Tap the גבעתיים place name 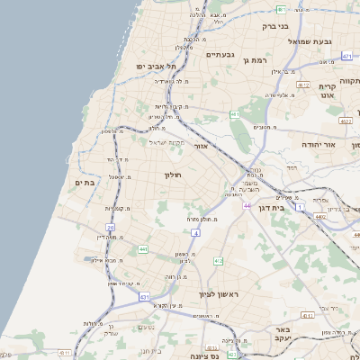(220, 56)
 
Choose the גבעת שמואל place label (310, 41)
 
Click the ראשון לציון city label (221, 293)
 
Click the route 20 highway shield (110, 229)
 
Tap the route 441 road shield (143, 248)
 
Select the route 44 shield (246, 206)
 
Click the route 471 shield (346, 57)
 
